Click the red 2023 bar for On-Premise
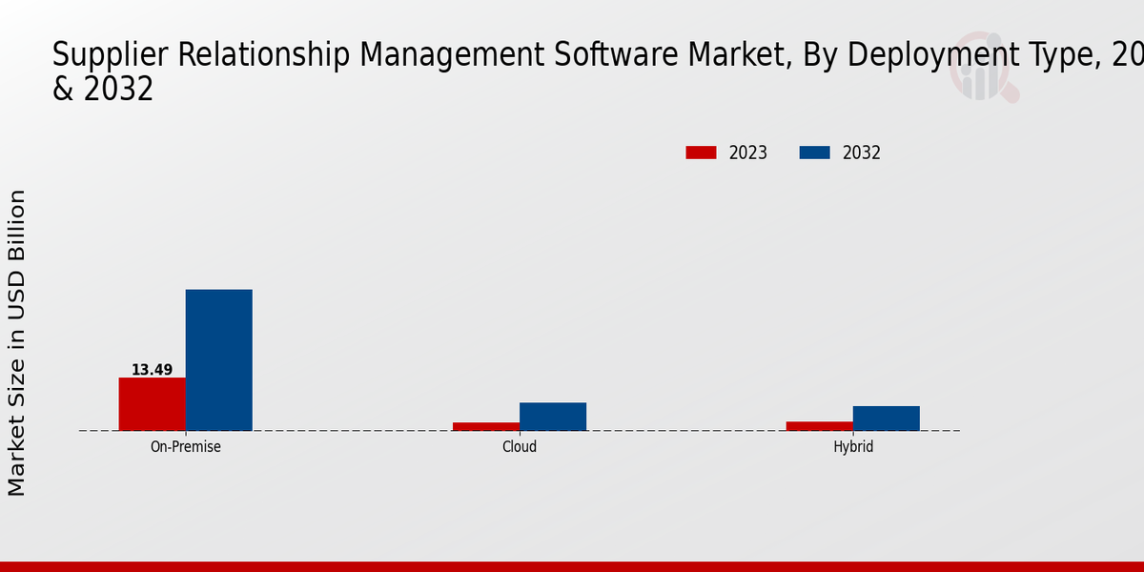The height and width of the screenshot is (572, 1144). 152,404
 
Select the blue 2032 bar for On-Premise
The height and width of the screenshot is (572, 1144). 218,360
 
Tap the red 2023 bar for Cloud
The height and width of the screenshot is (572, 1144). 485,426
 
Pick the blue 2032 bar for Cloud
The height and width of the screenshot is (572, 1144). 552,417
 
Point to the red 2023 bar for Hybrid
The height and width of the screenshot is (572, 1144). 819,426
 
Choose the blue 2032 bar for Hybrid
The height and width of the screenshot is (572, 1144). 886,419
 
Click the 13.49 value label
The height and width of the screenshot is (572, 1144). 152,370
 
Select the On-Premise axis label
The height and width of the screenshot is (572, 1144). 185,446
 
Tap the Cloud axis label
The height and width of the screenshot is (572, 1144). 519,446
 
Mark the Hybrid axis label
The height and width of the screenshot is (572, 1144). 852,446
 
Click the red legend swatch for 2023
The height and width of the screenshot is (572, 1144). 701,153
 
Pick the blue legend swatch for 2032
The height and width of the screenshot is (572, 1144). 814,153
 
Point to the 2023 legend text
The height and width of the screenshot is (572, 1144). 747,153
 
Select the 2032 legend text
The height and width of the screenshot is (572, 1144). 861,153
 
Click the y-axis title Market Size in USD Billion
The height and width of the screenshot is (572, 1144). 17,342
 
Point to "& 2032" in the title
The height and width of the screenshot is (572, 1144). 103,90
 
